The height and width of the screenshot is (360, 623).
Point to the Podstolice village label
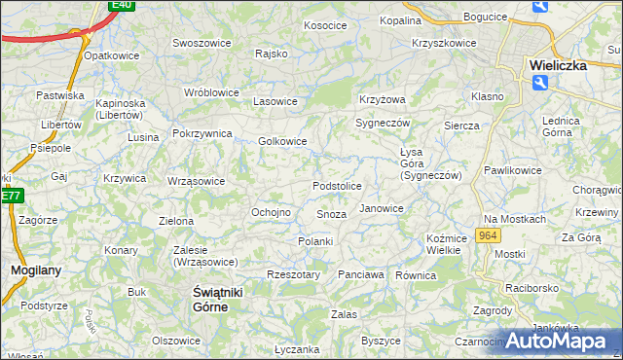(337, 186)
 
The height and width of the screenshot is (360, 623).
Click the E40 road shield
(122, 5)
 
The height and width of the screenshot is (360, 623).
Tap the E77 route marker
(11, 196)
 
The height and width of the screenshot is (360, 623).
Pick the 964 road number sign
(489, 236)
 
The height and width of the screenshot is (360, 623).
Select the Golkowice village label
(283, 141)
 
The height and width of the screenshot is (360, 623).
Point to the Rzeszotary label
(293, 275)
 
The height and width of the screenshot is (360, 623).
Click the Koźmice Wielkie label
(443, 244)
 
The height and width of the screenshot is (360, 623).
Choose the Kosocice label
(326, 25)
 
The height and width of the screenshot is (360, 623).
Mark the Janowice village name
(382, 208)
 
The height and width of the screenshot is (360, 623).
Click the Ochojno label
(272, 212)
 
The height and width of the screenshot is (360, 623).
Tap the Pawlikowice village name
(512, 170)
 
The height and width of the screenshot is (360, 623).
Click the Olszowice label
(176, 341)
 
